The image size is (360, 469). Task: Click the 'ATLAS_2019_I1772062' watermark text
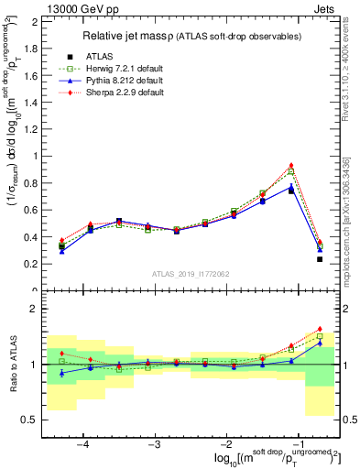(191, 274)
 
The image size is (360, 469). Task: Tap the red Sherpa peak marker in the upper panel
(291, 165)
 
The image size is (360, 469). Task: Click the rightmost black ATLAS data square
(320, 259)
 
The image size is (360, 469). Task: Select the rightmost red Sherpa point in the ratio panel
(320, 329)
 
